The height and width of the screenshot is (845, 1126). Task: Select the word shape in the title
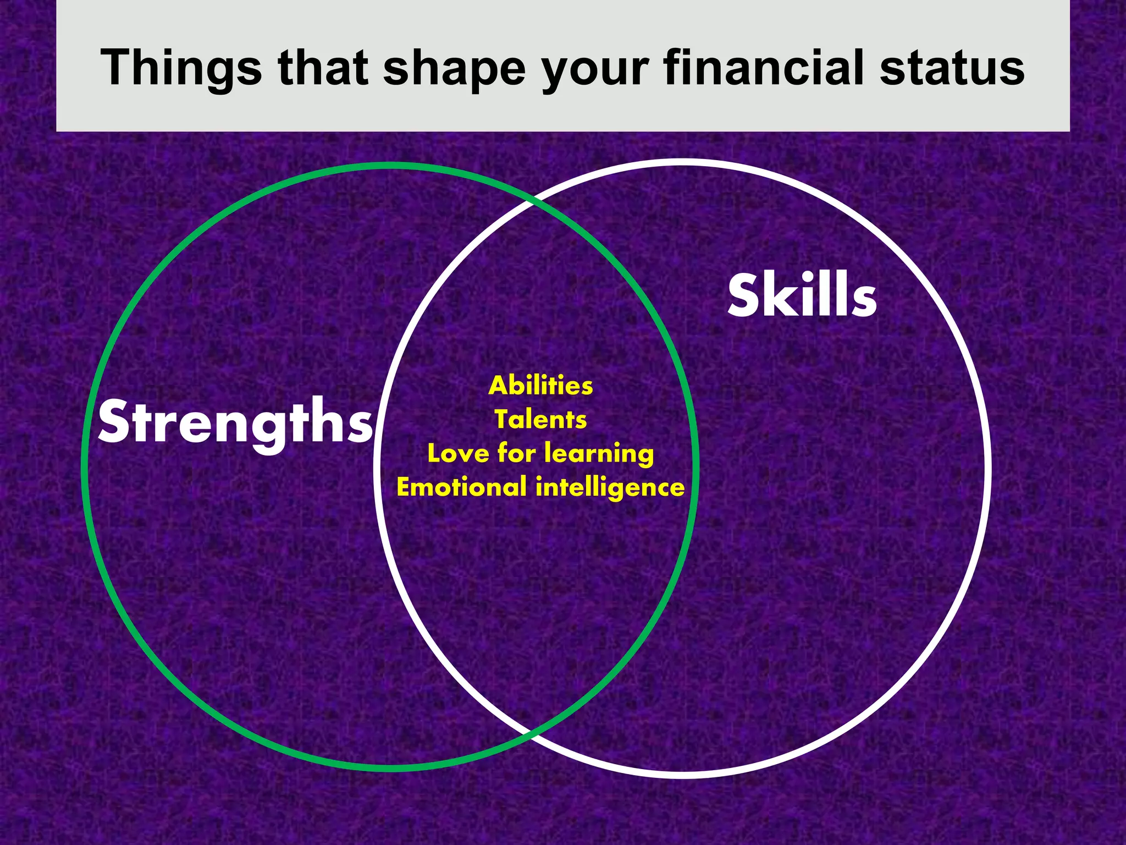click(x=454, y=69)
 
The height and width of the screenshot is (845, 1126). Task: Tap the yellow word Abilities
click(x=540, y=385)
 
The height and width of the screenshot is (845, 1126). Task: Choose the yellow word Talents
click(x=540, y=419)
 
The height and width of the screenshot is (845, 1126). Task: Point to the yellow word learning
click(x=599, y=454)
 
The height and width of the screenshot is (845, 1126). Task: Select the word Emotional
click(x=461, y=487)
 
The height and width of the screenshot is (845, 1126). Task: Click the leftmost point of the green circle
click(x=85, y=468)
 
